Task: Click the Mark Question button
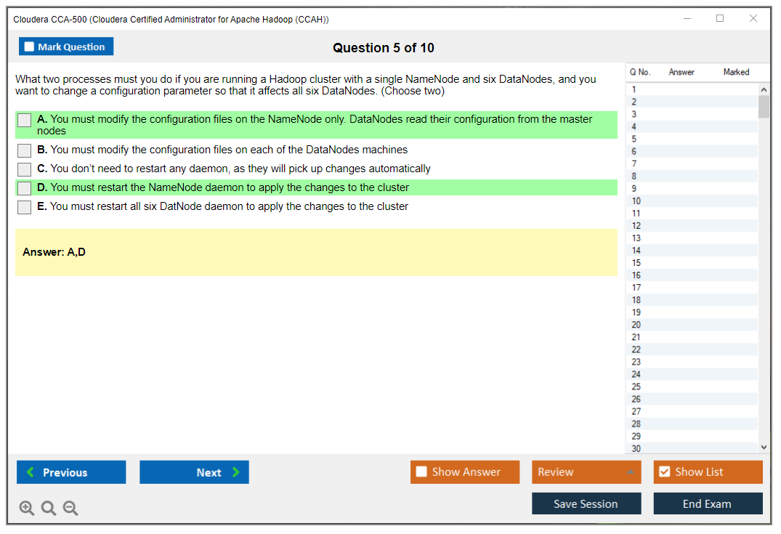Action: click(66, 46)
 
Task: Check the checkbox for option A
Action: click(25, 120)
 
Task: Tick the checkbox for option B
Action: click(25, 150)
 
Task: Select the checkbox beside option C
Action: click(25, 169)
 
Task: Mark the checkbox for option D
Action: click(25, 188)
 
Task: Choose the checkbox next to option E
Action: click(25, 207)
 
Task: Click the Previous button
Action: click(71, 472)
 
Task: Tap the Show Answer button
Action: click(465, 472)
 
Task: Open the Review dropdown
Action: click(586, 472)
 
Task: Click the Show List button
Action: click(708, 472)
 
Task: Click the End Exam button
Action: click(708, 503)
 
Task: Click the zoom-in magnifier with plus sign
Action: click(26, 508)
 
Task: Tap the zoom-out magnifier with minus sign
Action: click(70, 508)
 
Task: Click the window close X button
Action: click(753, 18)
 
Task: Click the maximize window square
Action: click(720, 18)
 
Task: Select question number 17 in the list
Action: click(636, 288)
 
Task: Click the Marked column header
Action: click(736, 72)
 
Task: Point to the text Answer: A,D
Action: click(54, 252)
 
